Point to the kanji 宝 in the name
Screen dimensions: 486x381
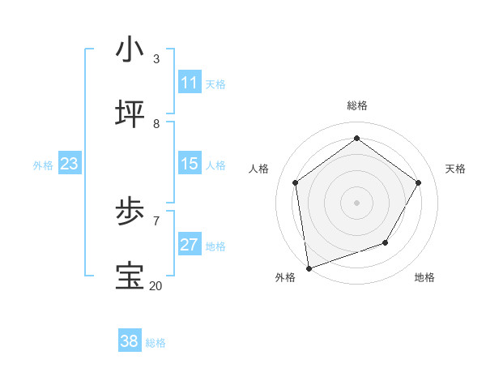[x=130, y=276]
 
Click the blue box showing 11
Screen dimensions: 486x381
[x=190, y=83]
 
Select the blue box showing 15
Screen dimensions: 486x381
[x=190, y=164]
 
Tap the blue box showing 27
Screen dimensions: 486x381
[x=190, y=245]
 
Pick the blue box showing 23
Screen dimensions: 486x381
[x=70, y=164]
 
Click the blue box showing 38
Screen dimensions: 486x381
[x=130, y=341]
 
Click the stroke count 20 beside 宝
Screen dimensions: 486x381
[x=156, y=285]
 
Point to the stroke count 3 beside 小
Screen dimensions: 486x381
[x=156, y=58]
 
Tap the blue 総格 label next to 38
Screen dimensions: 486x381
[x=156, y=343]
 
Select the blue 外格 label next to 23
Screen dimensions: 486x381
[x=43, y=165]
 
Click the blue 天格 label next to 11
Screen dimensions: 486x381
[x=215, y=84]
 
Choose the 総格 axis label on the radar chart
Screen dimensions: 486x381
[x=356, y=105]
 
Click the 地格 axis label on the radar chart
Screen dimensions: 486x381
[x=424, y=277]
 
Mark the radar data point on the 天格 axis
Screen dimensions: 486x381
[x=418, y=182]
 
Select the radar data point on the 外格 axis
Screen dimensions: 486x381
[x=309, y=268]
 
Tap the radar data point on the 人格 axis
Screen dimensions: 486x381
[x=296, y=182]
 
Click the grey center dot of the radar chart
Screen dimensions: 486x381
[x=356, y=202]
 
